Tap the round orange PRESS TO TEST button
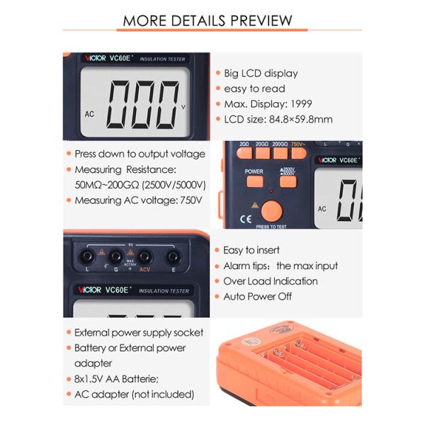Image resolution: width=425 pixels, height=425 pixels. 271,210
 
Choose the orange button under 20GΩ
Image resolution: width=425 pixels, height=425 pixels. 263,152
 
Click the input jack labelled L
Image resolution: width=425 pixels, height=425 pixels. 89,257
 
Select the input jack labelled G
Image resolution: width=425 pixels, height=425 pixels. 116,257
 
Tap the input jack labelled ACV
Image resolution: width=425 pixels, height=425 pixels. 144,257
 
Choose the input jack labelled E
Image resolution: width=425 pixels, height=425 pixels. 172,257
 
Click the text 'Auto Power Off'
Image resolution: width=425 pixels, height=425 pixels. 257,297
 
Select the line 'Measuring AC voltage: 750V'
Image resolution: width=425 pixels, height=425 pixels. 138,200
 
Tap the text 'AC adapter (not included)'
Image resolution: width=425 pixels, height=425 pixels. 134,395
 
